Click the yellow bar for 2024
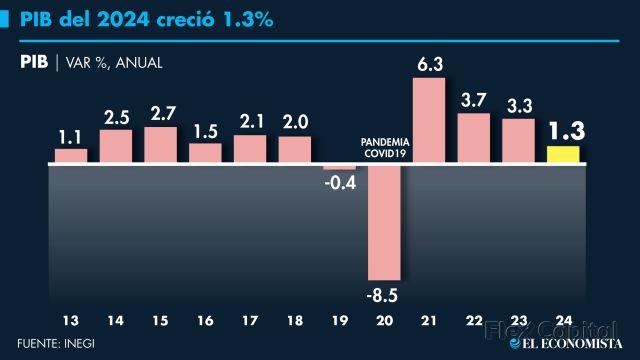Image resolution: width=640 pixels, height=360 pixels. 563,154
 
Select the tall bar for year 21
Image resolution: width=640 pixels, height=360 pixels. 428,120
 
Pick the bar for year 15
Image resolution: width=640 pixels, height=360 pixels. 160,144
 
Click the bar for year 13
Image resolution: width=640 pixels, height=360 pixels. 71,155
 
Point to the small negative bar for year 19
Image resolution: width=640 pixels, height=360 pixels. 339,166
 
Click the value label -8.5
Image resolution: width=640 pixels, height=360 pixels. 384,294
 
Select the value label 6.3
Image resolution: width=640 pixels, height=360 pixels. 429,64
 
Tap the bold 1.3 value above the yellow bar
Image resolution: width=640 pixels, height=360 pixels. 565,131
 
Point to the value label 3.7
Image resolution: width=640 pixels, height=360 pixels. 474,100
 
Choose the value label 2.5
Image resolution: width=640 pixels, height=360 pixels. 116,117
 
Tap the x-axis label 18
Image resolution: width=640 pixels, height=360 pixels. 294,321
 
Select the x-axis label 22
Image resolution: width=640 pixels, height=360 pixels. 474,321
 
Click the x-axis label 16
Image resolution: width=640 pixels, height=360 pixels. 205,321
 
